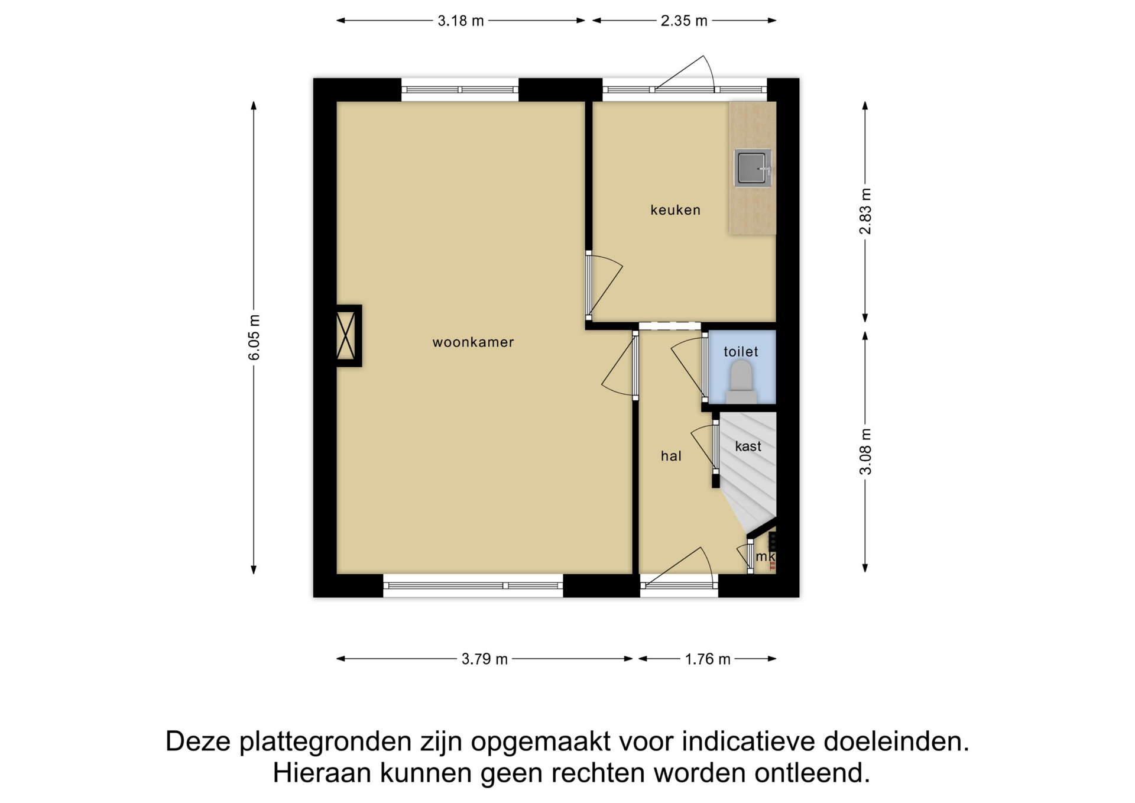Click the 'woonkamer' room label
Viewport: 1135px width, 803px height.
coord(473,342)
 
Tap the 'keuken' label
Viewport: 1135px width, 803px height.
coord(675,210)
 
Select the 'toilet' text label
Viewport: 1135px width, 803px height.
coord(741,352)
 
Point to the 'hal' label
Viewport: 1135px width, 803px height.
coord(671,456)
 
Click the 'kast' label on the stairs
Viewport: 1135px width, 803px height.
coord(748,446)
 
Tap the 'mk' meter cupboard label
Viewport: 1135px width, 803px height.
coord(765,556)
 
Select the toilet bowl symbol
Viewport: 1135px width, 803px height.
coord(741,383)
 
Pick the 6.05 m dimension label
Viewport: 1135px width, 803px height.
coord(254,338)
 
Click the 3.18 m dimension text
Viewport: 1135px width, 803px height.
coord(461,21)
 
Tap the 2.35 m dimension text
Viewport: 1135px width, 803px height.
coord(684,21)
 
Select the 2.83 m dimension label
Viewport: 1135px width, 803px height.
coord(865,211)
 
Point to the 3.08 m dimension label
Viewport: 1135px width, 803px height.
coord(865,452)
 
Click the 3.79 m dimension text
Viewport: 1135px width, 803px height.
coord(485,659)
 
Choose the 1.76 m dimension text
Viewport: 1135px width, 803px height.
coord(708,659)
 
